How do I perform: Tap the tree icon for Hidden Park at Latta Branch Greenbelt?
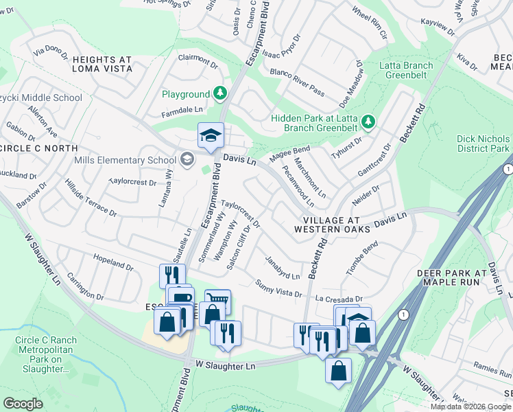pos(369,122)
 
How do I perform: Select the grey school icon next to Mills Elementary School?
pos(187,160)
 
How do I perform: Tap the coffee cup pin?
pos(181,299)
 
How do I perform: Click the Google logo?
pos(23,404)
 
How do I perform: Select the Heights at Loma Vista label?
pos(102,65)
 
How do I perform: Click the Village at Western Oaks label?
pos(332,224)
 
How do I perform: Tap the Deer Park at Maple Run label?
pos(451,277)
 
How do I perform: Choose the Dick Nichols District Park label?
pos(484,144)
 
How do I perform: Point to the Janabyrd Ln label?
pos(283,268)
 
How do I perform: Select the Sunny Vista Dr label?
pos(278,288)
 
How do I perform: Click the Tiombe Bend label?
pos(362,258)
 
